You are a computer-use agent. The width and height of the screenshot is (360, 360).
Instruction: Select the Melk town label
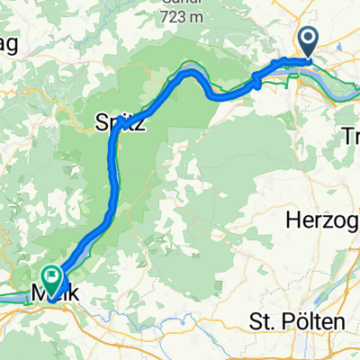[x=50, y=293]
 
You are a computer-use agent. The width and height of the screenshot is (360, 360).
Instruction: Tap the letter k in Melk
[x=67, y=293]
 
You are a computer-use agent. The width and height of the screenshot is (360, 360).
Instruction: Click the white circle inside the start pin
[x=308, y=39]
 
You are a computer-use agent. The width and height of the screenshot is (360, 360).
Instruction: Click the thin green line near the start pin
[x=290, y=81]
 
